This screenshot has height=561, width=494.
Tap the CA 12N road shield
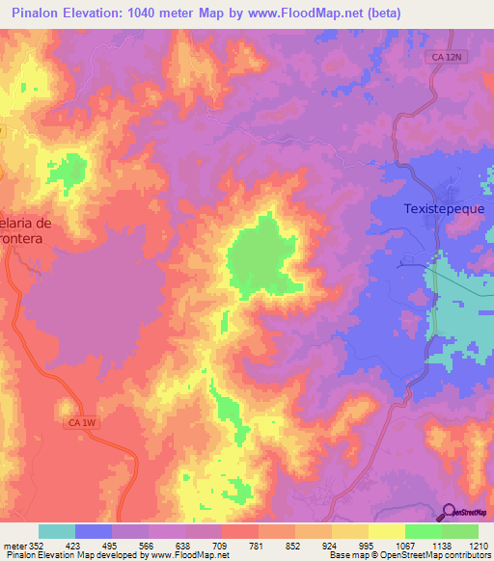point(441,58)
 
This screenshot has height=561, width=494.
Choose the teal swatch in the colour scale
point(57,531)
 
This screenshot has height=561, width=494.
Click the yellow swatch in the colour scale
point(386,531)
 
